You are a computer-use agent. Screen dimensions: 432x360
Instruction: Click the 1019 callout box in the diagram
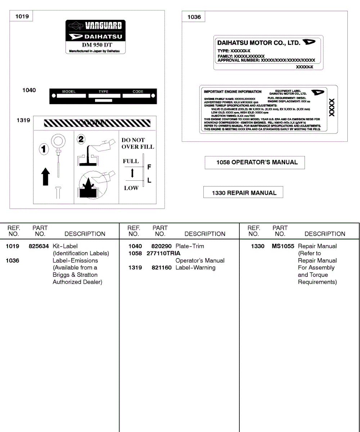22,17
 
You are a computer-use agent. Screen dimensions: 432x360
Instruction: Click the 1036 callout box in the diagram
194,17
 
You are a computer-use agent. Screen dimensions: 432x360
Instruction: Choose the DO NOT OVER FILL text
138,143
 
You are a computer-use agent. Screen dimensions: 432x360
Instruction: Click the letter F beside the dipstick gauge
149,167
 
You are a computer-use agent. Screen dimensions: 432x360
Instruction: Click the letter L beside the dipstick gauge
149,181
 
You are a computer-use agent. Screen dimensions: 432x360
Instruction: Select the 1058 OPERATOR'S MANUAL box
255,162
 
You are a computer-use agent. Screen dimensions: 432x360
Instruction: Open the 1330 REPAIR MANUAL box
243,193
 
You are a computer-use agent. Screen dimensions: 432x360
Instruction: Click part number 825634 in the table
39,246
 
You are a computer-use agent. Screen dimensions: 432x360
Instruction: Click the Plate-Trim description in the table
190,246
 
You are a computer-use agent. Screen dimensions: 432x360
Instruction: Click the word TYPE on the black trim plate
103,92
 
